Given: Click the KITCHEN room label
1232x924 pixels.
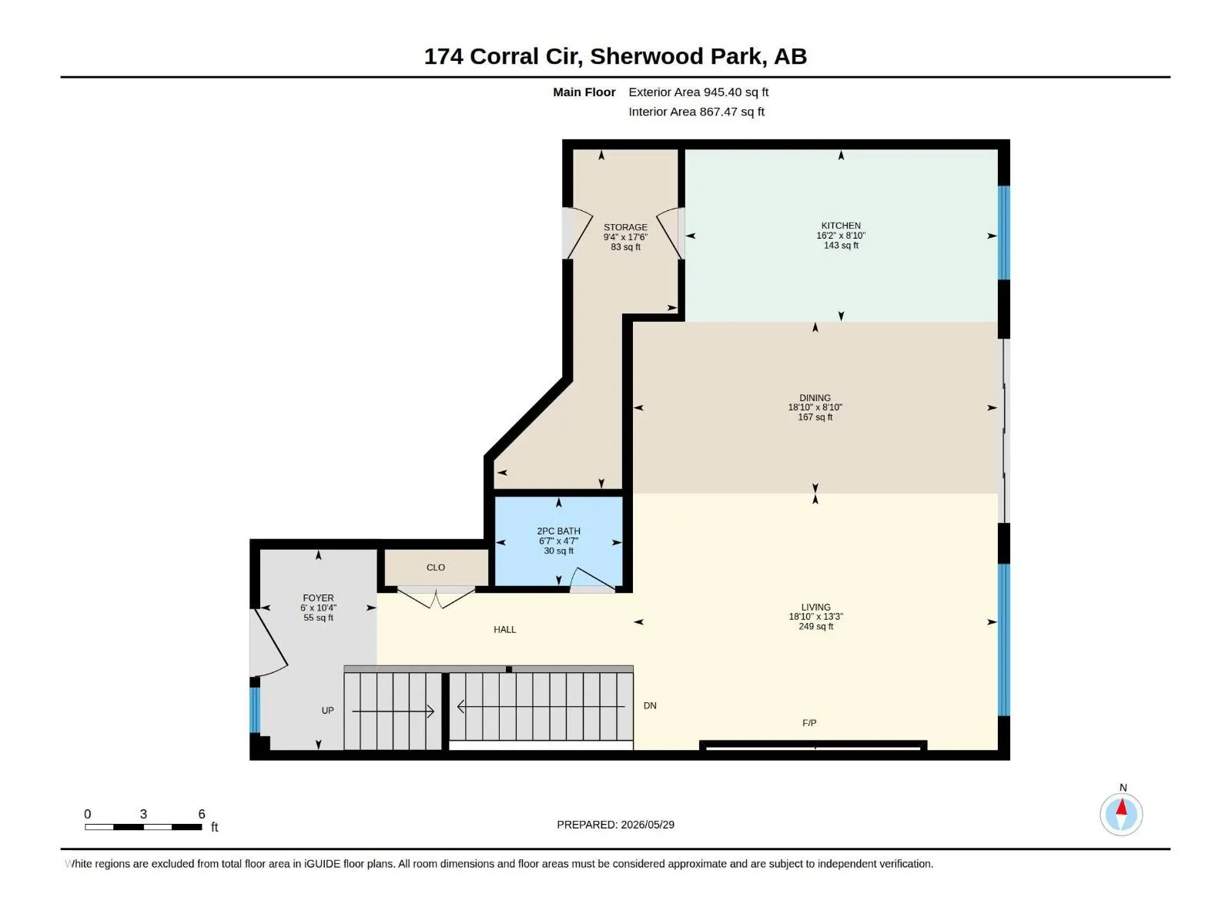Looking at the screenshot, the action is point(840,226).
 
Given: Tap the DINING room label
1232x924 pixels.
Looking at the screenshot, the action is point(815,398).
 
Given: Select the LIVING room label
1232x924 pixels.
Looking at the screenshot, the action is point(815,607).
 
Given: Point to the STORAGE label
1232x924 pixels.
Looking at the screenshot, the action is point(625,227).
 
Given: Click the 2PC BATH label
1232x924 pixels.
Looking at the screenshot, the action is point(558,531).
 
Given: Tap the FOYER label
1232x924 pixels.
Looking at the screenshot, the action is point(318,598).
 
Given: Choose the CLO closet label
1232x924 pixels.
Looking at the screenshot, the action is point(436,567).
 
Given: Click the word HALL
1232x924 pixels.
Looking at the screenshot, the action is point(504,629).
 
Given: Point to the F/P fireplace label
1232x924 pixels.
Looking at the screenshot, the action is point(808,723).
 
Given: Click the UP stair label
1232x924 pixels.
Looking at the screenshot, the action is point(327,710).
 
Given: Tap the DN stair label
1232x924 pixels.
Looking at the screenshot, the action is point(649,706).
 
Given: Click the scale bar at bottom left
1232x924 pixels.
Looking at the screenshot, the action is point(143,826).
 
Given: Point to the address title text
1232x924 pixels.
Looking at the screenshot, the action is point(615,56).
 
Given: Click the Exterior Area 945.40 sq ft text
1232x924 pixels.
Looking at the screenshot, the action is point(698,92).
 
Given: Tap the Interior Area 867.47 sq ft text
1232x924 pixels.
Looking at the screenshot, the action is point(696,112).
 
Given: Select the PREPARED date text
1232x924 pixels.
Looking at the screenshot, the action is point(615,825).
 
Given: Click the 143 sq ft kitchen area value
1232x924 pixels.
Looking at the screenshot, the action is point(840,245).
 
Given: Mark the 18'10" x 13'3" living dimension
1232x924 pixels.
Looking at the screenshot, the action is point(815,617).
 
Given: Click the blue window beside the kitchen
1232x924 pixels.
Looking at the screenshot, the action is point(1003,233).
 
